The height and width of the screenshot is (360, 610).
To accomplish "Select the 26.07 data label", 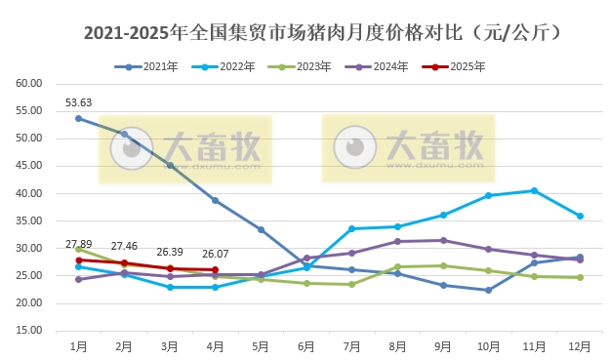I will (215, 254).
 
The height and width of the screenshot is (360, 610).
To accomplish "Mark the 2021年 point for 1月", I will (78, 119).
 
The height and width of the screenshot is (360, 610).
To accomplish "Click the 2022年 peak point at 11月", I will (535, 190).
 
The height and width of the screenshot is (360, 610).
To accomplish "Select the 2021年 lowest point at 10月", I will (489, 290).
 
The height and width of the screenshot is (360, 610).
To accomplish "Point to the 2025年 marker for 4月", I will (215, 269).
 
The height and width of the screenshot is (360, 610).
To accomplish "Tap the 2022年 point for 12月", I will (581, 216).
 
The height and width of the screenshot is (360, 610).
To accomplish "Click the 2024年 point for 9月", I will (443, 240).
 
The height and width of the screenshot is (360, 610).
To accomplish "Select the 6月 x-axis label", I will (306, 345).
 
